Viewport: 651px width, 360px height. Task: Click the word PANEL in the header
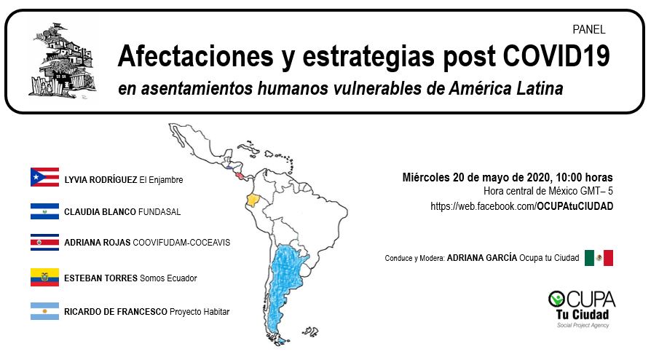click(x=588, y=30)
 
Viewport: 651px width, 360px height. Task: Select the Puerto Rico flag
click(x=45, y=177)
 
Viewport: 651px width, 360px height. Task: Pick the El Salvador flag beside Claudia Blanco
click(x=45, y=211)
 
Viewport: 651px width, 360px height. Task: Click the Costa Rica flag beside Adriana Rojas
click(x=45, y=243)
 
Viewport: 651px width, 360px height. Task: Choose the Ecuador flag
click(x=45, y=277)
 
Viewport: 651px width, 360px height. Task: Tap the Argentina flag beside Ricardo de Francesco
click(x=45, y=311)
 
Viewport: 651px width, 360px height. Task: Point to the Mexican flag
click(x=599, y=258)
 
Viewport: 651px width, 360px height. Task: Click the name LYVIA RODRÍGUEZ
click(x=100, y=180)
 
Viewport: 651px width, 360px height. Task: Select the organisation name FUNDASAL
click(x=159, y=212)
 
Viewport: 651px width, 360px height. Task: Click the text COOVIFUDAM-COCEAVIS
click(x=181, y=243)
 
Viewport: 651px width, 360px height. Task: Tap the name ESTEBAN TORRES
click(x=101, y=278)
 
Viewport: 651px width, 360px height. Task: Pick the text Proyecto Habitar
click(x=200, y=312)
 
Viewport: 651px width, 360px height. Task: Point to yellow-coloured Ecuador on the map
click(x=252, y=200)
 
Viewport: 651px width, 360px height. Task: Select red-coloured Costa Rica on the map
click(x=240, y=176)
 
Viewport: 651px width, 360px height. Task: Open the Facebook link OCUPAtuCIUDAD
click(x=575, y=206)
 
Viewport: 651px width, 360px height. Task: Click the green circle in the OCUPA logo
click(x=556, y=299)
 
